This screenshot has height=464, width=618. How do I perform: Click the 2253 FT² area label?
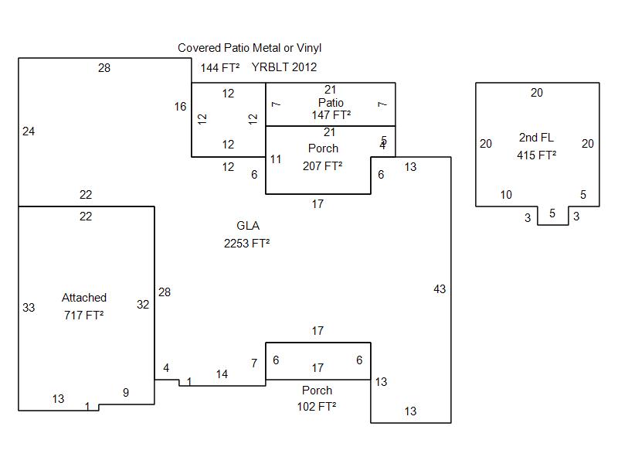point(247,243)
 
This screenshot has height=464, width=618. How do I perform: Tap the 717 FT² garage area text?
point(84,315)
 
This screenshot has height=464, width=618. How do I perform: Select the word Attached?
point(84,298)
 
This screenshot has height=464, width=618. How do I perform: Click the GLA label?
point(248,226)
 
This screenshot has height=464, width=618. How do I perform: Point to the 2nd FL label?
point(536,138)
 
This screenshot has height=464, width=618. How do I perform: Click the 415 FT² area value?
point(536,155)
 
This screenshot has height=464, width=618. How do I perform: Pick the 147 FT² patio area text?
point(331,114)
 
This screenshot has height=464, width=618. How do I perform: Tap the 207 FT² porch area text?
point(323,165)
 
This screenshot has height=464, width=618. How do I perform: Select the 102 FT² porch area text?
point(317,406)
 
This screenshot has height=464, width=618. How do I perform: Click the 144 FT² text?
point(220,67)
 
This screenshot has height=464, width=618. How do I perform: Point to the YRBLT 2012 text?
point(284,67)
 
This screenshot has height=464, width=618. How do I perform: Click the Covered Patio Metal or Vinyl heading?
point(250,48)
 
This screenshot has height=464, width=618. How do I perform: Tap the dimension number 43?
point(440,289)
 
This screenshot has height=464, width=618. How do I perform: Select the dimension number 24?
point(29,131)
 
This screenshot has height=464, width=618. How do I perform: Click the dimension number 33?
point(29,308)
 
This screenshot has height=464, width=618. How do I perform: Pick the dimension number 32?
point(143,305)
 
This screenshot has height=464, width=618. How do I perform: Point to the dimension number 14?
point(222,374)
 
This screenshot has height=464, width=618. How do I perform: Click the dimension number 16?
point(180,107)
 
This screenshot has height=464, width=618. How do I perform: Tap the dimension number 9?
point(126,393)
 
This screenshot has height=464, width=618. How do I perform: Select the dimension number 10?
point(506,195)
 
